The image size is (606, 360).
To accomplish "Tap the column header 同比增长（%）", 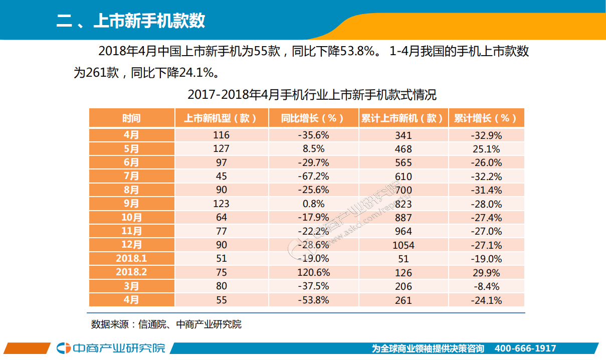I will (x=313, y=118).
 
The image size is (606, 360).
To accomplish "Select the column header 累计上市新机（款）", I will (x=402, y=118).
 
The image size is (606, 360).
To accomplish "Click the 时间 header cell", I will (x=132, y=118).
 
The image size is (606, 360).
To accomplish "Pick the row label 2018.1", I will (x=132, y=259).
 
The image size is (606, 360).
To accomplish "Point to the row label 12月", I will (x=132, y=245).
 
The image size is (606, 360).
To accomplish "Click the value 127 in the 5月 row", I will (x=221, y=149).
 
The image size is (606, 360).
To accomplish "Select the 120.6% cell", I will (x=313, y=273).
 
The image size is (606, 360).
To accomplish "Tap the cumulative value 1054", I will (x=403, y=245).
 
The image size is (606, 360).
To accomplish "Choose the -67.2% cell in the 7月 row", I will (x=313, y=176).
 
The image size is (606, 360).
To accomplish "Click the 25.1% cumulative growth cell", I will (x=486, y=149).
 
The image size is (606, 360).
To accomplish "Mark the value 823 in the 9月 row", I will (x=403, y=204).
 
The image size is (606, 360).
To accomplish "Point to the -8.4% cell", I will (x=486, y=286).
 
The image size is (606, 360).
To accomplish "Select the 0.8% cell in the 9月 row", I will (x=313, y=204).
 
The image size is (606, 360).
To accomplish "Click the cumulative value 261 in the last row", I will (x=403, y=300).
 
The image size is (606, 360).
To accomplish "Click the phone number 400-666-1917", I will (x=525, y=348).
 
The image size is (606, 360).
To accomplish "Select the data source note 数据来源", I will (x=166, y=324).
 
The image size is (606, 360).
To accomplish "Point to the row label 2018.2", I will (x=132, y=272).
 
